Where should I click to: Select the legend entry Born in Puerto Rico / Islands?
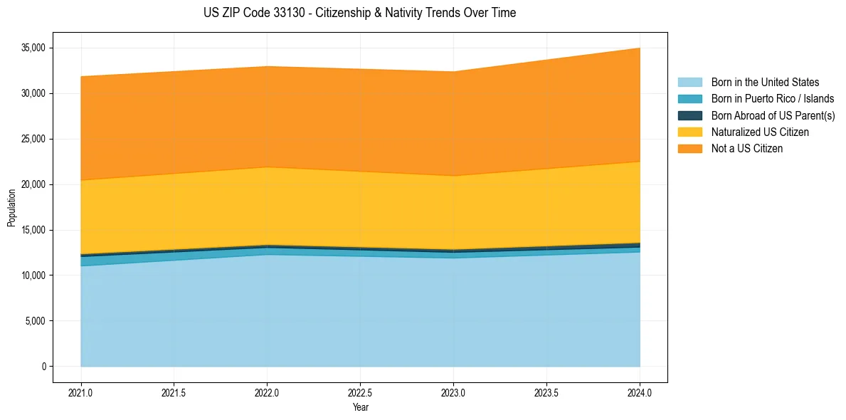[x=772, y=99]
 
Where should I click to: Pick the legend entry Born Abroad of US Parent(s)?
[x=773, y=115]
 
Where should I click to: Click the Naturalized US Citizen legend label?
[x=760, y=132]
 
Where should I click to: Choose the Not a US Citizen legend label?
[x=746, y=149]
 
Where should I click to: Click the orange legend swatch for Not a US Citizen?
[x=689, y=149]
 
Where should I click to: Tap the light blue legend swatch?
[x=689, y=83]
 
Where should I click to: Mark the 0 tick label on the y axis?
[x=43, y=367]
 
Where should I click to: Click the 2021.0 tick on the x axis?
[x=81, y=392]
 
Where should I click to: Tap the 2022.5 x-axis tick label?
[x=360, y=392]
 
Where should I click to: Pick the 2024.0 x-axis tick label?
[x=640, y=392]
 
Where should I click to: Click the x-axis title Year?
[x=360, y=407]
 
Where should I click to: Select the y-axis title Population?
[x=11, y=207]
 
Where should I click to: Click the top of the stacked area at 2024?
[x=639, y=48]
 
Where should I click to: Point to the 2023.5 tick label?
[x=546, y=392]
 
